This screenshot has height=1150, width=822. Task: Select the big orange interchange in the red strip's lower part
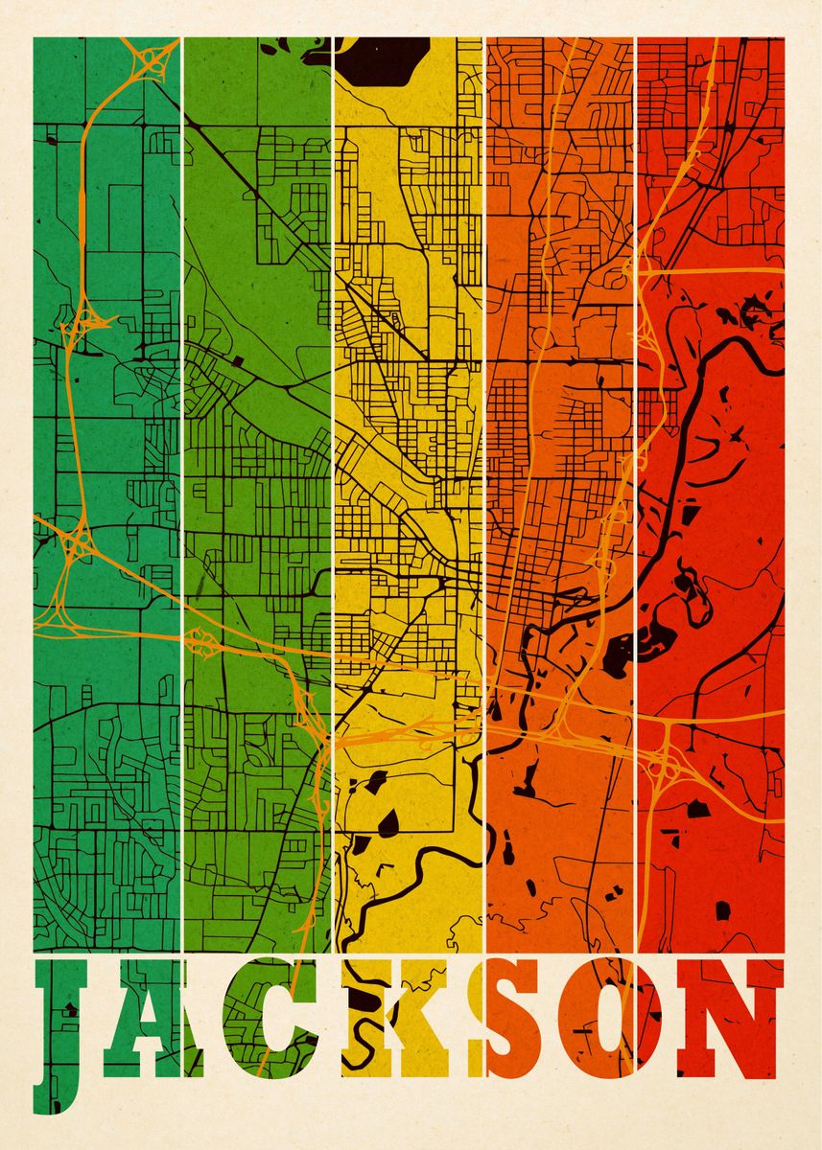tap(662, 762)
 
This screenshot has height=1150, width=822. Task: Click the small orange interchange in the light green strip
tap(199, 639)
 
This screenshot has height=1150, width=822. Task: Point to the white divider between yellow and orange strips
tap(484, 479)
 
